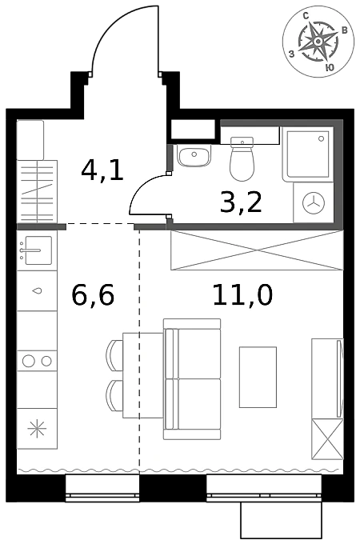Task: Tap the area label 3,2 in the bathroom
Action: pos(241,202)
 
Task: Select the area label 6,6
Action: pos(93,295)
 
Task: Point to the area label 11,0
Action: pos(242,294)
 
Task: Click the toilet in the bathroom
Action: pos(242,158)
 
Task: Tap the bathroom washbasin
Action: pos(194,155)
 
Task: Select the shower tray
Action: pos(308,154)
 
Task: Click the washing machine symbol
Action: pos(314,202)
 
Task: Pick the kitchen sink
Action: pos(37,250)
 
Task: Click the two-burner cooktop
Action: pos(37,361)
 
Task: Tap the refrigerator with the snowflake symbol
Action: pos(37,429)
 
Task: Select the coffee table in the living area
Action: pos(258,377)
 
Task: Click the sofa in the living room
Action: pos(192,379)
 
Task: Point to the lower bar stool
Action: pos(114,396)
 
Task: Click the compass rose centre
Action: pos(318,42)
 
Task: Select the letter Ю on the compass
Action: pos(330,67)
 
